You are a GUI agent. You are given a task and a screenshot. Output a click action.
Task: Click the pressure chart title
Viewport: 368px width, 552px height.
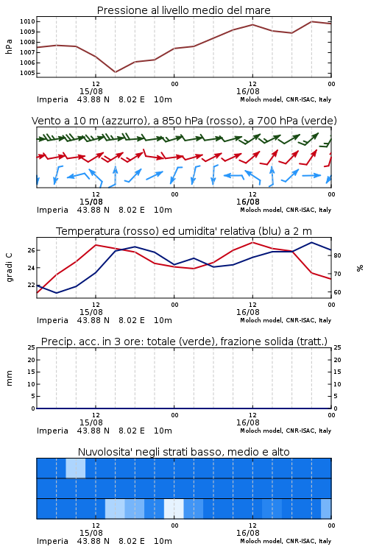coord(183,10)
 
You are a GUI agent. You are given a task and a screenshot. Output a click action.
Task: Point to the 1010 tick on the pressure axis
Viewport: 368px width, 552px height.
coord(28,21)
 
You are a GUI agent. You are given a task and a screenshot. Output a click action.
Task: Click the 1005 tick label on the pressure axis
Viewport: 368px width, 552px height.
coord(28,73)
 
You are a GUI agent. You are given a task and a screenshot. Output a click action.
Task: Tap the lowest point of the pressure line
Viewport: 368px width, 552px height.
coord(115,72)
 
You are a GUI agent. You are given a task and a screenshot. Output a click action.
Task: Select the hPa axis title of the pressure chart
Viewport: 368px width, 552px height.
coord(9,46)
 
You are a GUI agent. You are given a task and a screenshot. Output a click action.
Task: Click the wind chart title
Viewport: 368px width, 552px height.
coord(184,121)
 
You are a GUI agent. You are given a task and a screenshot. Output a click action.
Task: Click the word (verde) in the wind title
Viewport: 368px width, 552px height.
coord(319,121)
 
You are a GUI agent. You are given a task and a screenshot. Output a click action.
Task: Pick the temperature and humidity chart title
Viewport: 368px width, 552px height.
coord(184,231)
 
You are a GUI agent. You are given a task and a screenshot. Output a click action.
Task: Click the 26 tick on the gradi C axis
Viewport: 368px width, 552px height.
coord(32,250)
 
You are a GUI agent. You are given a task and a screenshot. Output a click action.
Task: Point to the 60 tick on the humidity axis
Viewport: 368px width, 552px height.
coord(337,292)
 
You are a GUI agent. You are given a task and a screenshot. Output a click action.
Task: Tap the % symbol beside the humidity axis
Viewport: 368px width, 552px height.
coord(360,268)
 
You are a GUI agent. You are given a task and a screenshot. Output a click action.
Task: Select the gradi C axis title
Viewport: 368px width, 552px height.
coord(10,268)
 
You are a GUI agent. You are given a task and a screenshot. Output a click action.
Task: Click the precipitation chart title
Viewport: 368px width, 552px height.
coord(184,342)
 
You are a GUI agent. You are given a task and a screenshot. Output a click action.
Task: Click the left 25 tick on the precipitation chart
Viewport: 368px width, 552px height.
coord(32,347)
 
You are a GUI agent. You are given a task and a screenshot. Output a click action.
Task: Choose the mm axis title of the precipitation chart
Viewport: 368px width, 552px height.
coord(9,378)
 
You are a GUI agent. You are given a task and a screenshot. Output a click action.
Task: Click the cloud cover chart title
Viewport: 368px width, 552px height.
coord(183,452)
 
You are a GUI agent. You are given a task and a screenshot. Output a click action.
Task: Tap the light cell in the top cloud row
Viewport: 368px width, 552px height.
coord(76,468)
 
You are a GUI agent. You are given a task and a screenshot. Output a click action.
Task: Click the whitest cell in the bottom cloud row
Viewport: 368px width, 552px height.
coord(174,509)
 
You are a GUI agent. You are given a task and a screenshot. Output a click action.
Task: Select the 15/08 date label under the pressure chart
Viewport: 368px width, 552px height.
coord(91,91)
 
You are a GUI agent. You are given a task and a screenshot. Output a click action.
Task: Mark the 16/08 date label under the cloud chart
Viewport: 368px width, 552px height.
coord(247,533)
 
